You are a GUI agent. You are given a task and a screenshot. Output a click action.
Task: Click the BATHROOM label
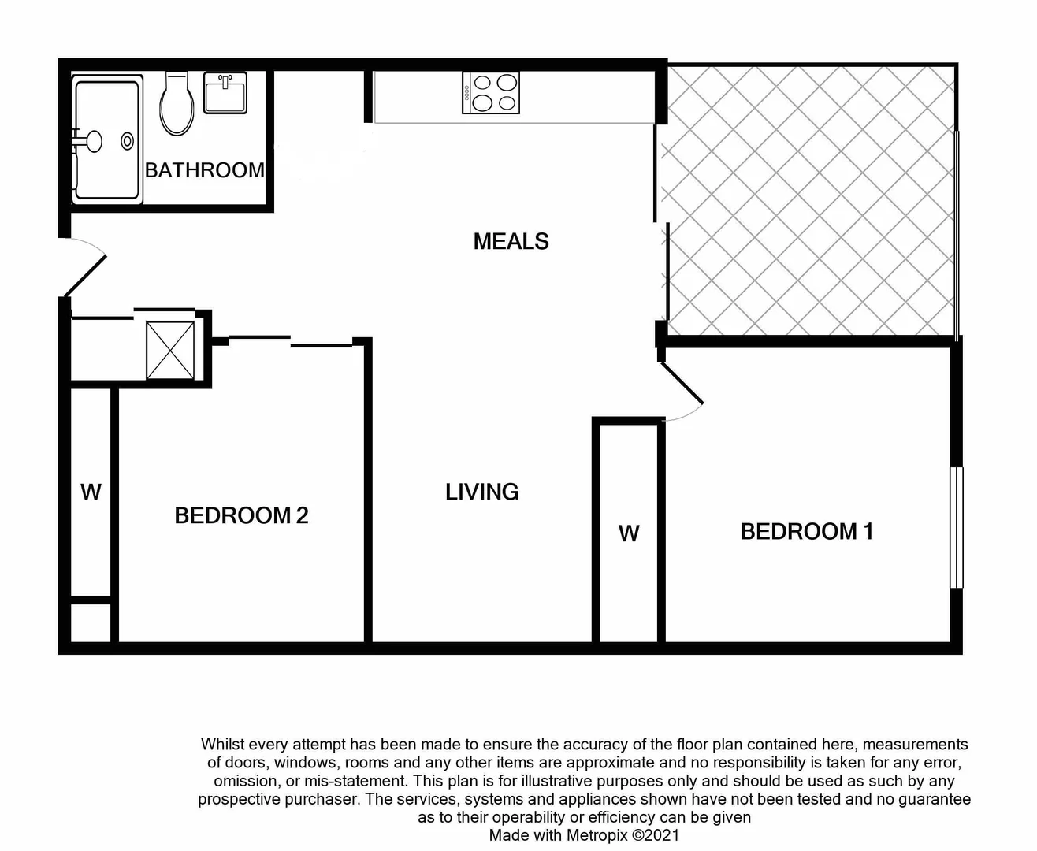click(204, 169)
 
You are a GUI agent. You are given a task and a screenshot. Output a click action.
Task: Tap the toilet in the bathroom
click(177, 104)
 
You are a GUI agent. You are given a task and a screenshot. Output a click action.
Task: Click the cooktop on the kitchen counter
click(491, 93)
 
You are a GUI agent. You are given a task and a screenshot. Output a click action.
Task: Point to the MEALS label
click(511, 241)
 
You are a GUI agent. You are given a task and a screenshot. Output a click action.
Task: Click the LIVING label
click(481, 492)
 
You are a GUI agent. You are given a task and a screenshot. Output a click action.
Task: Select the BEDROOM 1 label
click(806, 531)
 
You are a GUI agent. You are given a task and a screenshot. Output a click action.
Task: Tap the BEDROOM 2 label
click(241, 515)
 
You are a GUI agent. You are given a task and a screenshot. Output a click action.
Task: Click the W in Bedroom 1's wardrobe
click(628, 534)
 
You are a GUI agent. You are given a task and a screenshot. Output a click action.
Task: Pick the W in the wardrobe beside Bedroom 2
click(91, 492)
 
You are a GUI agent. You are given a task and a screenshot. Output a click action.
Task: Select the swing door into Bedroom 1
click(682, 385)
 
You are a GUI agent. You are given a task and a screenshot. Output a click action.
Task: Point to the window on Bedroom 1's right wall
click(956, 527)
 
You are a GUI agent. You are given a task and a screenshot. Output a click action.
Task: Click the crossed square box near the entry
click(170, 350)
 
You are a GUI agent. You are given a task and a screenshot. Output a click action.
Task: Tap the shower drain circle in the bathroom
click(128, 141)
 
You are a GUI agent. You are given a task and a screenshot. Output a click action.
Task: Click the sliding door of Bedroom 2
click(290, 341)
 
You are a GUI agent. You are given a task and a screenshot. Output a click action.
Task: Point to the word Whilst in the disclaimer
click(224, 744)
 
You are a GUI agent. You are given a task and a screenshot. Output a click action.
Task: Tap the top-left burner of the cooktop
click(482, 83)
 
